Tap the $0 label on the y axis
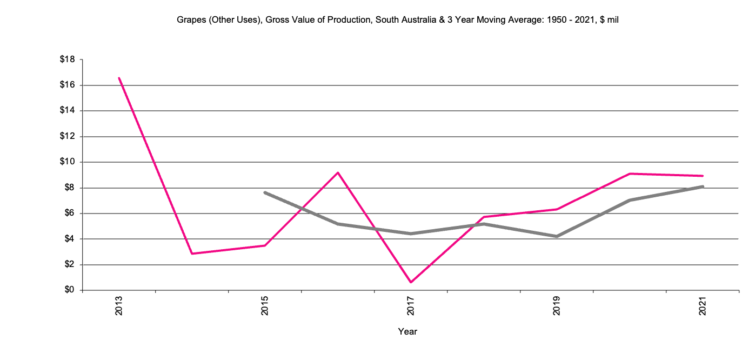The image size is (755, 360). pyautogui.click(x=69, y=290)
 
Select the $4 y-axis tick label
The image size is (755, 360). pyautogui.click(x=69, y=239)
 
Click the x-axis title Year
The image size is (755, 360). pyautogui.click(x=407, y=331)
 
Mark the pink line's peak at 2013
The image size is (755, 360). pyautogui.click(x=119, y=78)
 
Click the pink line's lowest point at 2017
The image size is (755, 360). pyautogui.click(x=411, y=282)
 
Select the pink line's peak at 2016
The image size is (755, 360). pyautogui.click(x=338, y=172)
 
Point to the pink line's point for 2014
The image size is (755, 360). pyautogui.click(x=192, y=254)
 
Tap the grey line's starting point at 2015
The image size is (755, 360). pyautogui.click(x=265, y=192)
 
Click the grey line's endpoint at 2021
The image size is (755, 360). pyautogui.click(x=703, y=186)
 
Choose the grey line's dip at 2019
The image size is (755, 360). pyautogui.click(x=557, y=236)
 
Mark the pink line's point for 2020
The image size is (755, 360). pyautogui.click(x=630, y=174)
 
